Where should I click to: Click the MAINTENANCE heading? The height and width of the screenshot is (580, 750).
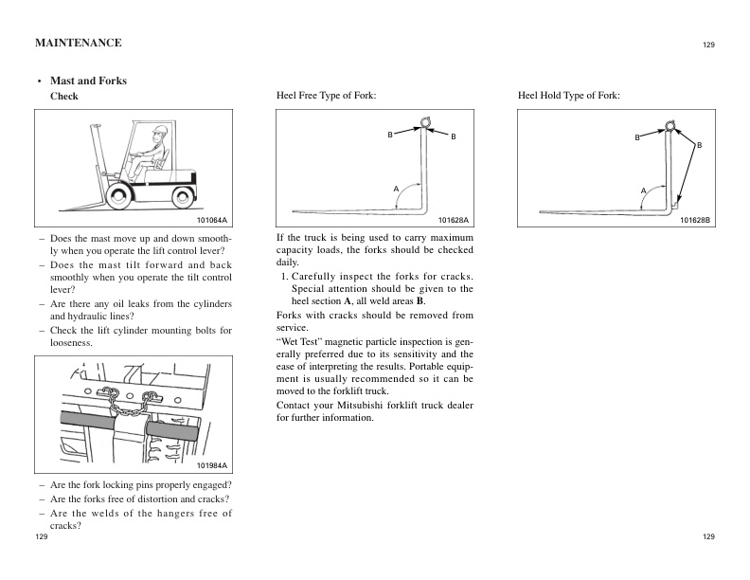pos(78,44)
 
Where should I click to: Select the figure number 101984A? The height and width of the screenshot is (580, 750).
pos(214,467)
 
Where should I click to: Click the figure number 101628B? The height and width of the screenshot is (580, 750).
pos(695,220)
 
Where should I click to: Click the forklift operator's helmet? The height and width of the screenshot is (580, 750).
pos(161,131)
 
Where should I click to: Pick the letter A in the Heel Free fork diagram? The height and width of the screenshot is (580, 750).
pos(397,190)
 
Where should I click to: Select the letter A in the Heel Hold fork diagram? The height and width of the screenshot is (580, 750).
pos(642,190)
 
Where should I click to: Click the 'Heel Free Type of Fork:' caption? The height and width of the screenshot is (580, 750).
pos(326,97)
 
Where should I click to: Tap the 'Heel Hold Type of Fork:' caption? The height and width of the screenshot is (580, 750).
pos(569,97)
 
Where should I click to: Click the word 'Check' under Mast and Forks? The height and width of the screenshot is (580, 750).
pos(63,97)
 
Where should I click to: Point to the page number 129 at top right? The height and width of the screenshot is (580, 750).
pos(708,45)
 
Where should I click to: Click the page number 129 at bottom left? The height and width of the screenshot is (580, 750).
pos(42,536)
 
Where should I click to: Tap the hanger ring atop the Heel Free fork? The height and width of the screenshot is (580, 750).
pos(426,121)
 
